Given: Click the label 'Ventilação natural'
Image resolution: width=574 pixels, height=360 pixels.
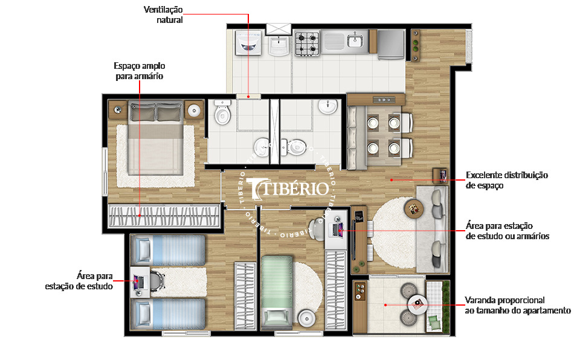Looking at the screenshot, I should click(x=163, y=14).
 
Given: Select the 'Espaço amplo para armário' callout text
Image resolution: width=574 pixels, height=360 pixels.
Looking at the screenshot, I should click(x=140, y=71).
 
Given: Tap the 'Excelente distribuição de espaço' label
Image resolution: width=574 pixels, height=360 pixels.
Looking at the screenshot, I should click(x=506, y=180).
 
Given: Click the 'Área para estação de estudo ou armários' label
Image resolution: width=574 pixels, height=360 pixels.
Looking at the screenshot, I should click(x=508, y=231).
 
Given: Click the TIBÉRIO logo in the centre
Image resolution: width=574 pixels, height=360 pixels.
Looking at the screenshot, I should click(x=289, y=188).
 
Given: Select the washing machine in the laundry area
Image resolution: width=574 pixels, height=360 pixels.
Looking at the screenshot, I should click(x=248, y=42).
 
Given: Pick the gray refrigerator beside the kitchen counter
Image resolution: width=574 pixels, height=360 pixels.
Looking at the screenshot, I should click(x=391, y=42).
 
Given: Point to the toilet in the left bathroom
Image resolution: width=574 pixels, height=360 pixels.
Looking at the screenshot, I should click(x=223, y=114).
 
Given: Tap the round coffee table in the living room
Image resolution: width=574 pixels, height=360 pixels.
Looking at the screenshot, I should click(x=414, y=208).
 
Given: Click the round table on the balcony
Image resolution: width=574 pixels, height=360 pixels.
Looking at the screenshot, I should click(x=417, y=303).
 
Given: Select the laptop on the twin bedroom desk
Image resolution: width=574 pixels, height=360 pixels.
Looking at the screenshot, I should click(x=137, y=281).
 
